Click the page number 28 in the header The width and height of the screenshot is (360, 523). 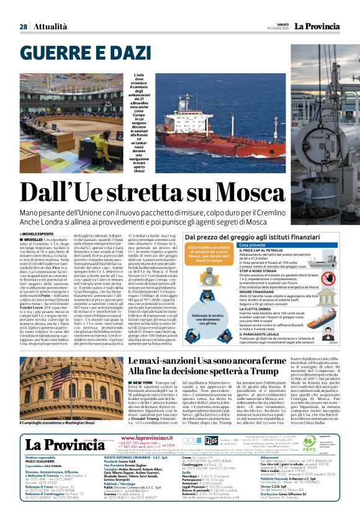coord(23,27)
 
